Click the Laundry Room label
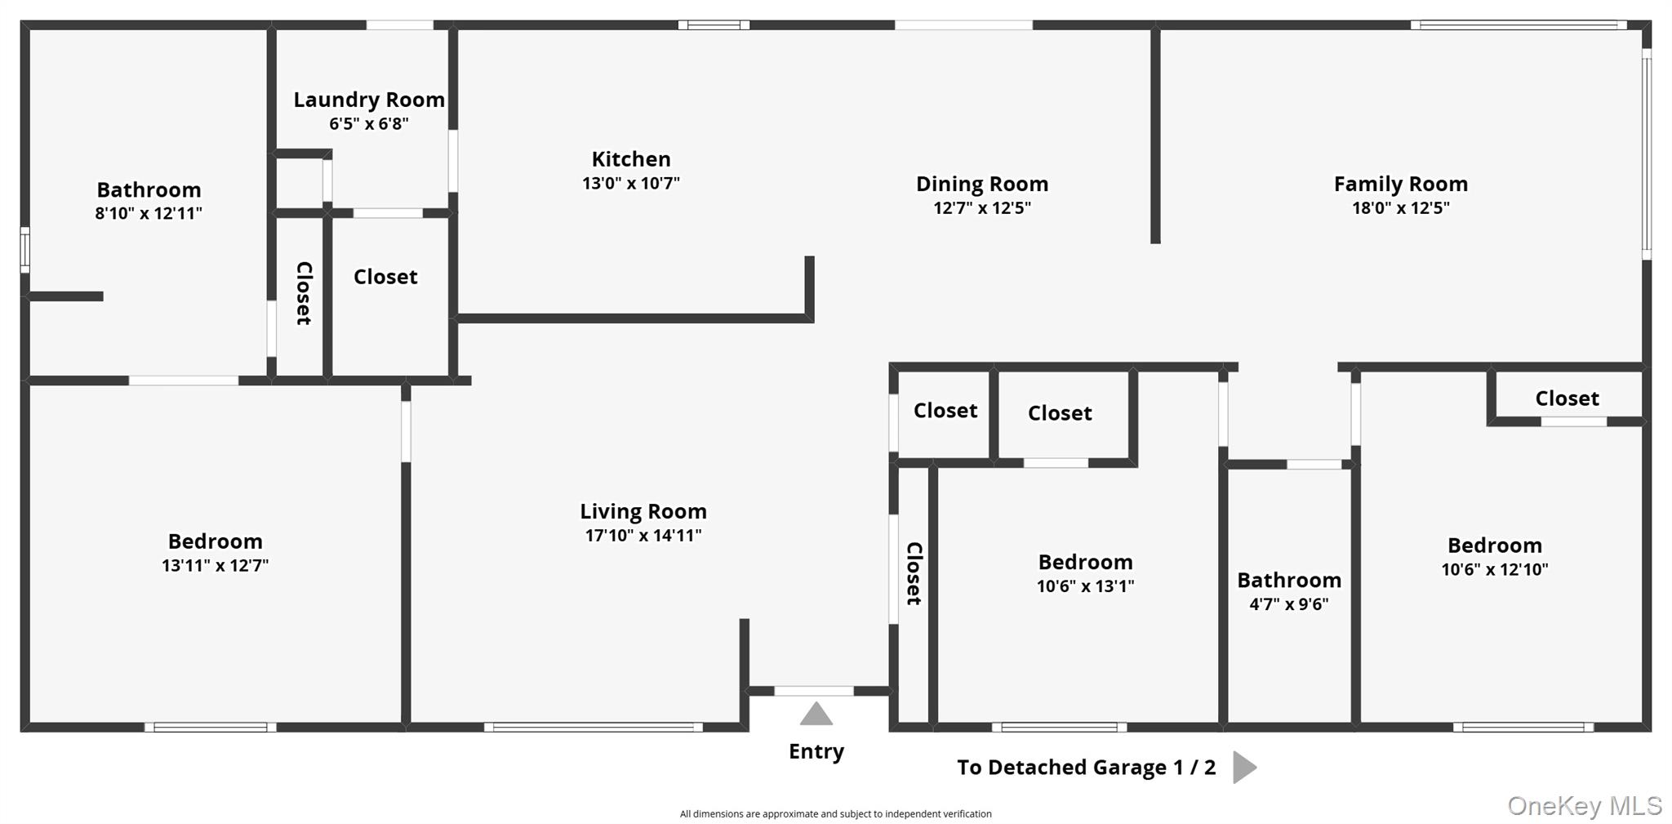click(369, 100)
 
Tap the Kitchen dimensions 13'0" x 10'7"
click(631, 183)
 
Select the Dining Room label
click(982, 184)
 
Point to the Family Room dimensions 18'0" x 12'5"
click(1401, 207)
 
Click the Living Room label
click(643, 511)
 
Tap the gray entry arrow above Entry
click(816, 714)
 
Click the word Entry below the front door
click(816, 751)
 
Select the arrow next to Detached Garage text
click(1244, 767)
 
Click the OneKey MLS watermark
click(1585, 806)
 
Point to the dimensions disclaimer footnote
click(836, 813)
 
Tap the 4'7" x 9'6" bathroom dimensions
click(1289, 604)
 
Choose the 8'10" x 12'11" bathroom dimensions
click(149, 213)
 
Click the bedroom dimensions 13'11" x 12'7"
click(216, 565)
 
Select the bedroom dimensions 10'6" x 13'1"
click(1086, 586)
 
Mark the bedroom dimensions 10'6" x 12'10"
click(1495, 569)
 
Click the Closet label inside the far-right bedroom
click(1567, 399)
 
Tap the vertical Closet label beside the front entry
click(914, 573)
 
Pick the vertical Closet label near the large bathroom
click(304, 293)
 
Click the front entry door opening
click(814, 691)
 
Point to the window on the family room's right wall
click(1647, 154)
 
